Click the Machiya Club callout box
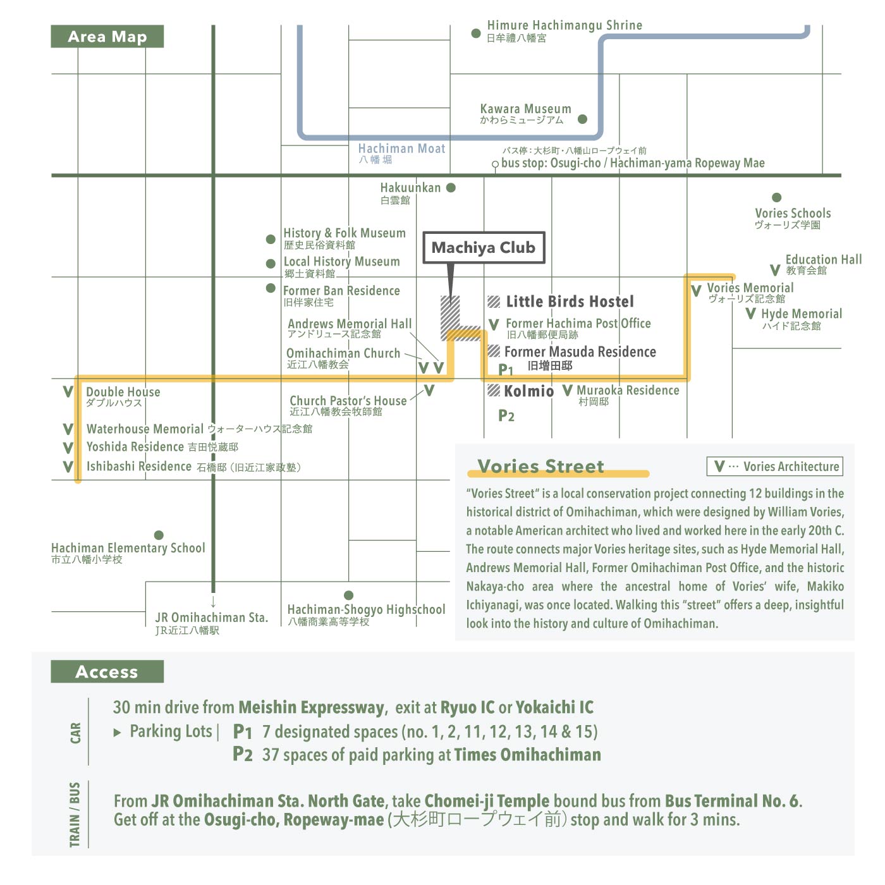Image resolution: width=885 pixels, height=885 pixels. click(x=483, y=248)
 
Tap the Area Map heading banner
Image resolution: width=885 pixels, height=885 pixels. click(x=107, y=36)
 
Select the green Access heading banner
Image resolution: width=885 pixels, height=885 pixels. click(x=107, y=671)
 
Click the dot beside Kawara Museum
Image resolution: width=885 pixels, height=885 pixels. click(x=582, y=119)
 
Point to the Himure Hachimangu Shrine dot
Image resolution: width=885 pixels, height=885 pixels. click(x=476, y=33)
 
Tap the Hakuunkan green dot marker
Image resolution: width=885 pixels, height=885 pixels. click(x=451, y=187)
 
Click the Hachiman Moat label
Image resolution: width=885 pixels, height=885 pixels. click(x=401, y=149)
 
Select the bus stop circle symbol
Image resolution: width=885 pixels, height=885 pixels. click(x=494, y=164)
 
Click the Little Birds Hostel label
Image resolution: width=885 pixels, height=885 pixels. click(x=570, y=302)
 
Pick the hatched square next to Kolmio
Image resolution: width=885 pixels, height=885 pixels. click(x=493, y=391)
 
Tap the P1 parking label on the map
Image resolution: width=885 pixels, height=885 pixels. click(x=505, y=369)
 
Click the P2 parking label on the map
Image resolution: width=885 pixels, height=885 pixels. click(x=506, y=415)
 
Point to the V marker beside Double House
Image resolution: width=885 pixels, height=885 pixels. click(x=68, y=392)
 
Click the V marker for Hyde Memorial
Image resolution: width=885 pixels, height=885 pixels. click(x=750, y=314)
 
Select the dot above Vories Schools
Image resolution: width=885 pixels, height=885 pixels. click(x=777, y=197)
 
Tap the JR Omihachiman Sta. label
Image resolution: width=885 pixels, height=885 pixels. click(x=211, y=617)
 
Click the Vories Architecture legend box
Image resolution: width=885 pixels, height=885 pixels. click(x=775, y=466)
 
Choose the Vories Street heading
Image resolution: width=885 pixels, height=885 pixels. click(x=540, y=466)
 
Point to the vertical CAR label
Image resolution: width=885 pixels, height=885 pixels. click(x=75, y=733)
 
